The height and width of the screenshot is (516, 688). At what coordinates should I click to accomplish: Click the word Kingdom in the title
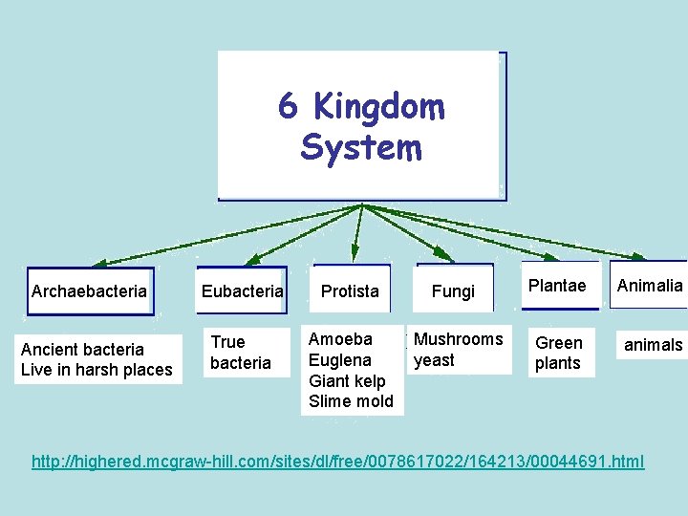tap(378, 108)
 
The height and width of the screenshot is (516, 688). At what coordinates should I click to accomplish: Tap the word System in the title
tap(360, 148)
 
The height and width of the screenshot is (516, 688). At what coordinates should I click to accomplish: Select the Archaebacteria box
tap(89, 290)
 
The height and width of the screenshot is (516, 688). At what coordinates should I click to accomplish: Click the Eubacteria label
tap(242, 290)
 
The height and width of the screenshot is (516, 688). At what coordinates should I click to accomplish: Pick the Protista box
tap(350, 290)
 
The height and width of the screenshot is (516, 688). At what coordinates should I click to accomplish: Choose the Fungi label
tap(453, 291)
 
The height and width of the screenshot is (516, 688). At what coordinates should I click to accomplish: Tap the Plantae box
tap(557, 286)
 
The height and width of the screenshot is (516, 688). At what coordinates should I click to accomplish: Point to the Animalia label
tap(650, 286)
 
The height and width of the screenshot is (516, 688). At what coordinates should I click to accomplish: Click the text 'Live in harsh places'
tap(97, 370)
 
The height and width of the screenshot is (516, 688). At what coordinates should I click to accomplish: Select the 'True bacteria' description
tap(241, 353)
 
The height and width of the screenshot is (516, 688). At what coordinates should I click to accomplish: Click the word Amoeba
tap(340, 339)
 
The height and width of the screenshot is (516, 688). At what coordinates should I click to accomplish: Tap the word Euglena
tap(340, 360)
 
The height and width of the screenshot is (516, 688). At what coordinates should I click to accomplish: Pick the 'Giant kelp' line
tap(347, 380)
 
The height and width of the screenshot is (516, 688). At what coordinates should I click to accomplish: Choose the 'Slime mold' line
tap(351, 401)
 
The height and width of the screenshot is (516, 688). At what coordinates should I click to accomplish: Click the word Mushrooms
tap(458, 339)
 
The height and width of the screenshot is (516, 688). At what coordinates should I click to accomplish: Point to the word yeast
tap(434, 360)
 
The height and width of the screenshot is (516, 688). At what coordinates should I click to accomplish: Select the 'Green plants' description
tap(558, 353)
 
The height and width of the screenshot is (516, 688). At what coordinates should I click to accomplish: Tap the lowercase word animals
tap(654, 345)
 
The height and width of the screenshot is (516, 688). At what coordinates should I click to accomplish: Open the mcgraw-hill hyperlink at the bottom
tap(338, 462)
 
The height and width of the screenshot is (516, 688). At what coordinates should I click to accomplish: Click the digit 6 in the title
tap(287, 107)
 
